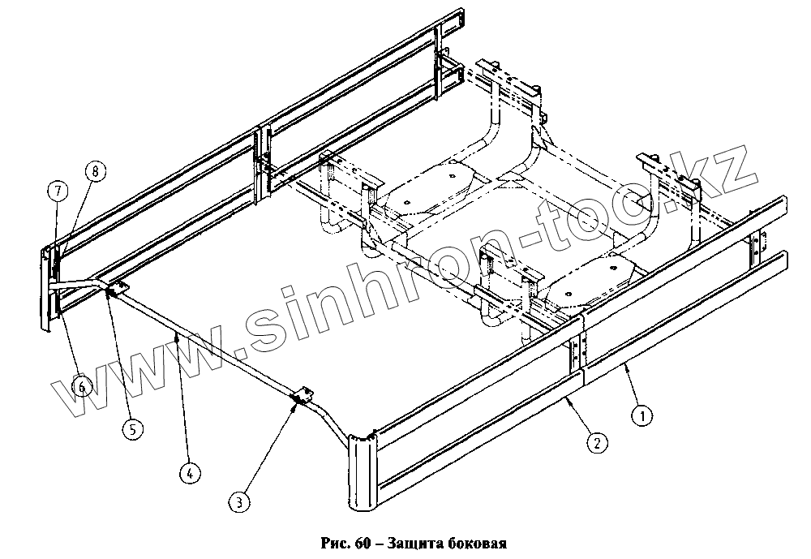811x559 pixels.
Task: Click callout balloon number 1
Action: click(642, 416)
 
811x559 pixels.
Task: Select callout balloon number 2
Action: click(596, 443)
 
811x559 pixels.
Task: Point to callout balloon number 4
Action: click(188, 471)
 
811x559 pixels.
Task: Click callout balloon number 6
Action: click(81, 388)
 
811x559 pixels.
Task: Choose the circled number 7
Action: click(58, 191)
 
